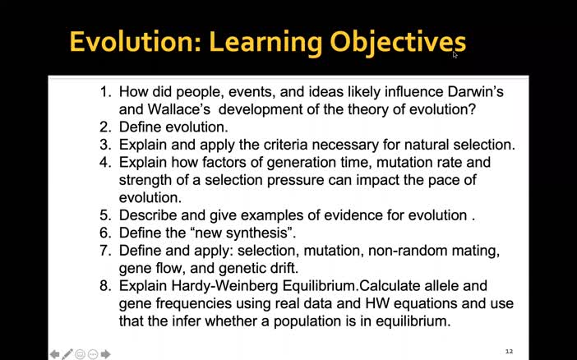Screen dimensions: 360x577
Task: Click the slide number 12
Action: [509, 351]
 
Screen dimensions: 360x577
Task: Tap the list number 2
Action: [105, 127]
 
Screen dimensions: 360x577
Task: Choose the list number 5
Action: [105, 215]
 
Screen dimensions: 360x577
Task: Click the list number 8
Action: [105, 286]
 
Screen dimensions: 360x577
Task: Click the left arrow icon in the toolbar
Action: [54, 354]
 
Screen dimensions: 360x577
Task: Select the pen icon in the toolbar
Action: [67, 354]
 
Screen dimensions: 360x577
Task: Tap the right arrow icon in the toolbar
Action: [106, 354]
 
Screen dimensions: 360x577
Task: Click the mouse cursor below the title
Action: [455, 54]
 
